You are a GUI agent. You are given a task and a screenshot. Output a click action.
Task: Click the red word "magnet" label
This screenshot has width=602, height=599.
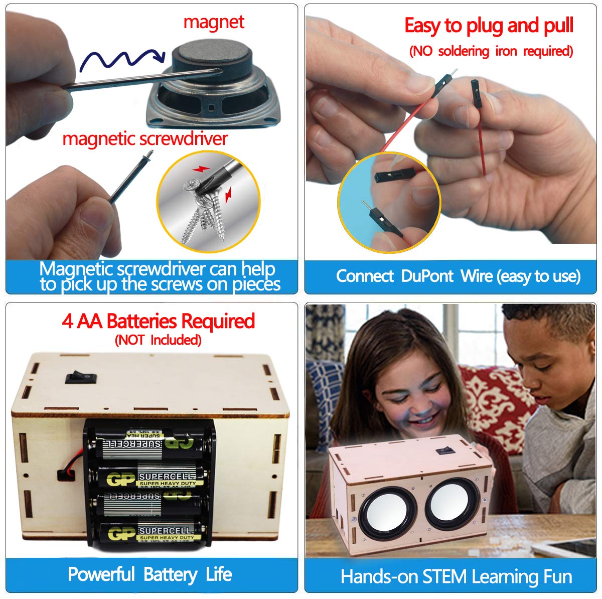coord(214,23)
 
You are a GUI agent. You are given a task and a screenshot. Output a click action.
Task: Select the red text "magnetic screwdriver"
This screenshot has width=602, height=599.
coord(145,139)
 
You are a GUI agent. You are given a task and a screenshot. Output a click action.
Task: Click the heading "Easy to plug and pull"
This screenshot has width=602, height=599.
coord(489,26)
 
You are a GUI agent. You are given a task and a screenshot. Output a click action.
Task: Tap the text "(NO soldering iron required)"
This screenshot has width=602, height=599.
coord(491,51)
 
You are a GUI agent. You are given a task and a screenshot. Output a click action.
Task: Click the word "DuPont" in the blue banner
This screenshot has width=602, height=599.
coord(427,276)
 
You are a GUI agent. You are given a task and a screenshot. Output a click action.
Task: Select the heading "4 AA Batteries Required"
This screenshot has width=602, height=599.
coord(158,321)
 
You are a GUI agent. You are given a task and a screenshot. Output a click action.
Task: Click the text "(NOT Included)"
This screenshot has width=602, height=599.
coord(158,340)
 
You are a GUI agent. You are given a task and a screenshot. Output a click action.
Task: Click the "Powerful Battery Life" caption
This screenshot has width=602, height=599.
coord(149,574)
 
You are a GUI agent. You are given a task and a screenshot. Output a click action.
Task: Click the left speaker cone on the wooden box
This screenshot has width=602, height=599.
coord(381,515)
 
